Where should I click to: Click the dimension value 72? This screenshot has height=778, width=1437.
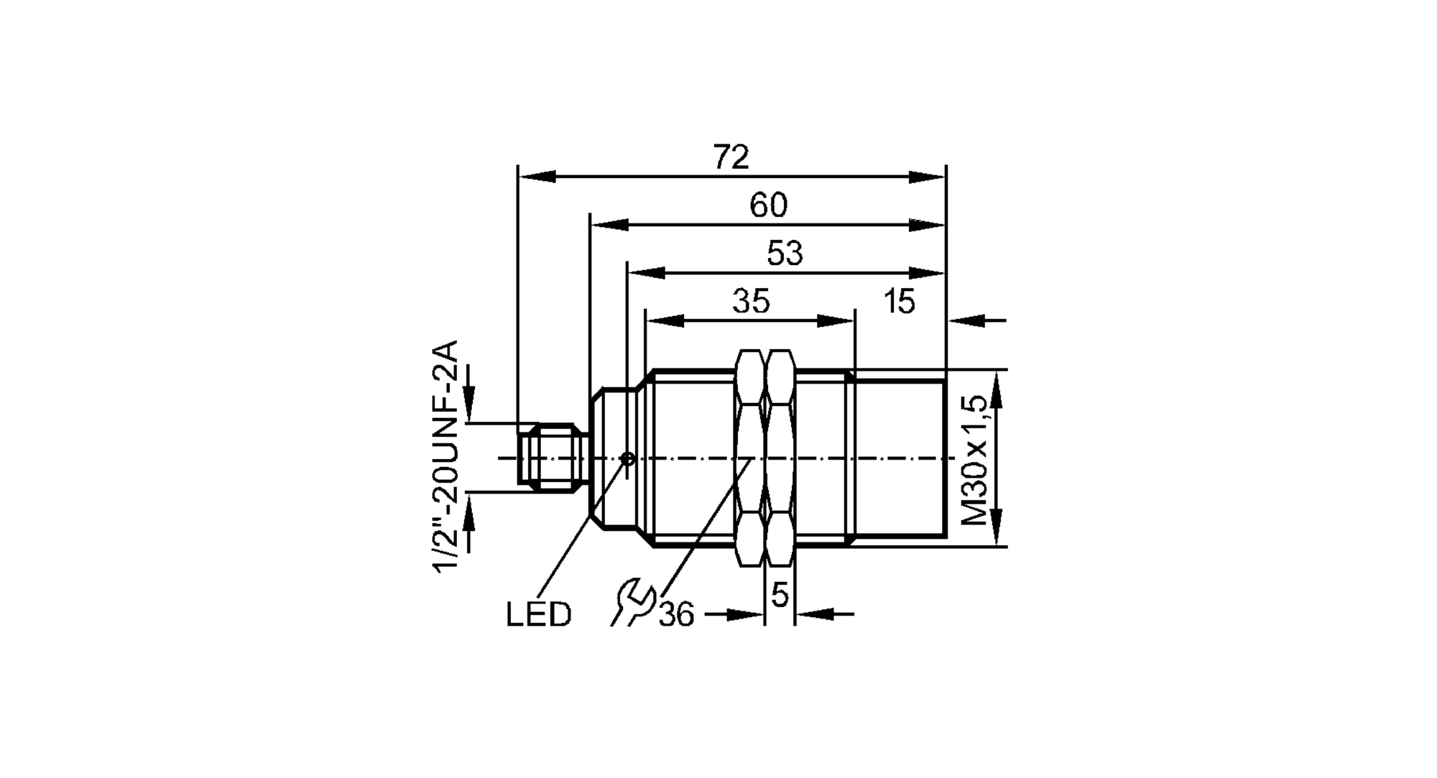point(731,157)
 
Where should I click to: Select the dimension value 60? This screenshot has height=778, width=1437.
point(768,206)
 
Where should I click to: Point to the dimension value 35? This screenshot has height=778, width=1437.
point(751,302)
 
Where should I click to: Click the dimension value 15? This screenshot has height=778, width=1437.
point(899,302)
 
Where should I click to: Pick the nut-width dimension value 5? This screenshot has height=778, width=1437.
point(780,595)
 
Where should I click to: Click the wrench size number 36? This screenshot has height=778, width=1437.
point(676,615)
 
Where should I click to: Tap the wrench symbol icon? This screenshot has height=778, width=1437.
point(633,602)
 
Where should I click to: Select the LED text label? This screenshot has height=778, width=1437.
point(538,615)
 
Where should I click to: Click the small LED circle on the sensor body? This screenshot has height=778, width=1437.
point(627,458)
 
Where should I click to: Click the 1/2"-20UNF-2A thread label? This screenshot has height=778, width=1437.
point(445,457)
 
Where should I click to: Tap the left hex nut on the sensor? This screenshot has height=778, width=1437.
point(750,458)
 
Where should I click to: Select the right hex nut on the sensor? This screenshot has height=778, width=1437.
point(780,458)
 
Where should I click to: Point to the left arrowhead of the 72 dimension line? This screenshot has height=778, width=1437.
point(536,177)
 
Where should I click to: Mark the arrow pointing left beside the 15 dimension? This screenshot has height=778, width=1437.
point(967,320)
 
